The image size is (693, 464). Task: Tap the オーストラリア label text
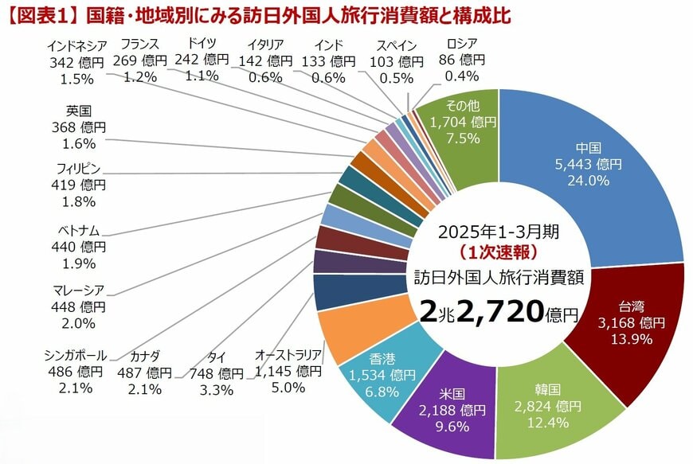click(x=288, y=355)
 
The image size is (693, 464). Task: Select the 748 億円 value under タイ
click(x=216, y=372)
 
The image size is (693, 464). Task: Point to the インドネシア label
click(x=76, y=45)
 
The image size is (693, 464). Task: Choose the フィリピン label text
click(x=76, y=169)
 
